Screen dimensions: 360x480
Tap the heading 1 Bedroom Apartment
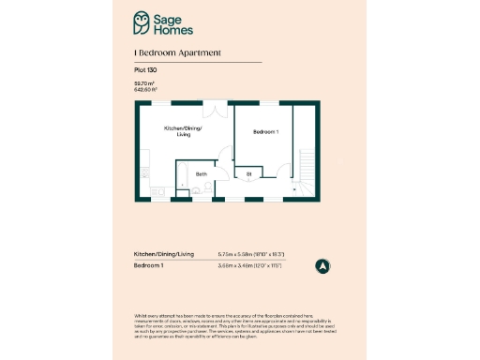coord(178,53)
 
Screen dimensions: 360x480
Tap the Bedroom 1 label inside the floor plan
coord(266,132)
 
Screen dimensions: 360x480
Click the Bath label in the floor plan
coord(202,173)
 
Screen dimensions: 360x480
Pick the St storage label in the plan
coord(249,173)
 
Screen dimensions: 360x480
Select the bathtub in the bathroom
coord(184,178)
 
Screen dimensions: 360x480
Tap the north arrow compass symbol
coord(322,265)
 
